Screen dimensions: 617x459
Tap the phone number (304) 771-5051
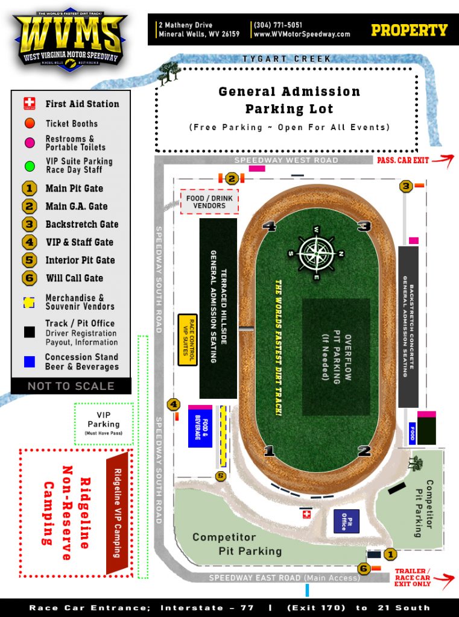[x=278, y=25]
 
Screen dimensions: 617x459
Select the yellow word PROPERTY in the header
[x=409, y=30]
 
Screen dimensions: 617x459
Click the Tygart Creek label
[x=286, y=59]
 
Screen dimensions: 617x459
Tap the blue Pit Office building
[x=346, y=521]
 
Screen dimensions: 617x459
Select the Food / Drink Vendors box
[x=209, y=201]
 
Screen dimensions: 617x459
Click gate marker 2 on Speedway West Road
[x=232, y=178]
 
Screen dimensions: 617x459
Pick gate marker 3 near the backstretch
[x=406, y=186]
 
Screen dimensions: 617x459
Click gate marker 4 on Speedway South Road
[x=174, y=404]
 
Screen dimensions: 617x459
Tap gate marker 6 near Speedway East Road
[x=364, y=568]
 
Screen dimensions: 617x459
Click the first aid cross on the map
[x=306, y=514]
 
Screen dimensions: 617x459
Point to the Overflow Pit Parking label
[x=336, y=357]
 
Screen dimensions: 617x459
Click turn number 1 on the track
[x=269, y=450]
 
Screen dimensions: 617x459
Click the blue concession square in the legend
[x=29, y=362]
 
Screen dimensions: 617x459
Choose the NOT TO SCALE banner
[x=71, y=386]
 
